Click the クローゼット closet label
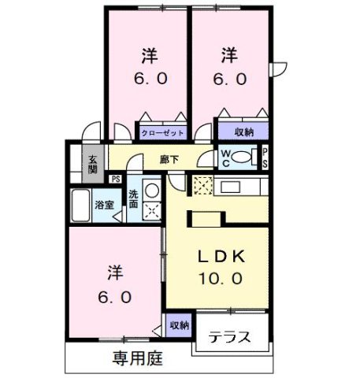pos(164,133)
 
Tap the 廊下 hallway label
pos(169,159)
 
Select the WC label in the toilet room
pos(225,157)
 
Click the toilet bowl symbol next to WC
pos(244,158)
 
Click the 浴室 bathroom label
pos(104,205)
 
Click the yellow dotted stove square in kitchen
pos(202,186)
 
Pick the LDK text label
pos(222,256)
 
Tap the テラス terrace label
pos(230,338)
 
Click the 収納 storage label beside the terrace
pos(179,324)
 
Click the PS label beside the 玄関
pos(116,180)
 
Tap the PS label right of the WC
pos(265,157)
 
